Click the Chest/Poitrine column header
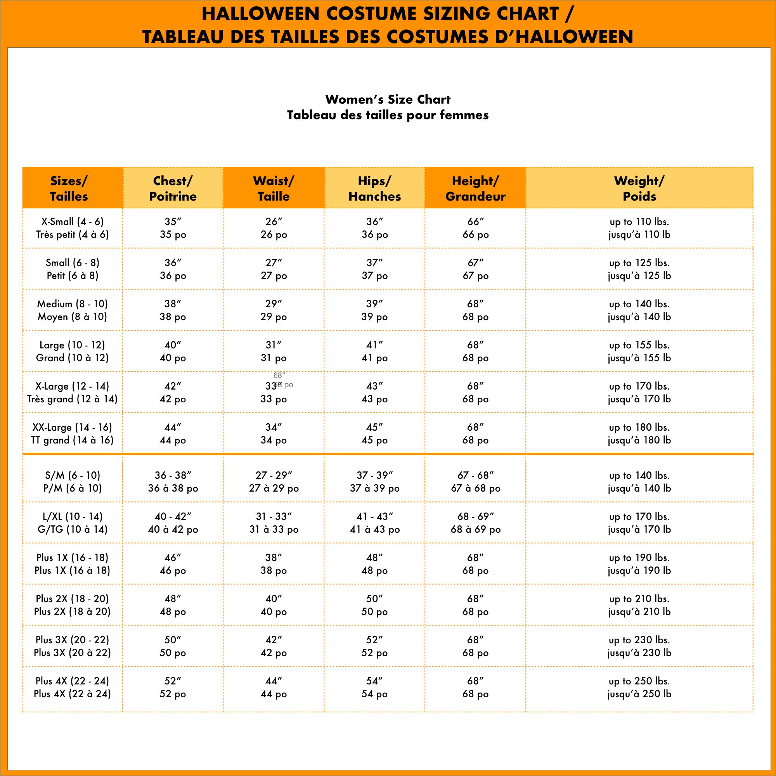(x=173, y=188)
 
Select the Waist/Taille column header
(x=274, y=188)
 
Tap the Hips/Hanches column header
(x=374, y=188)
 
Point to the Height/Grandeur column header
(x=475, y=188)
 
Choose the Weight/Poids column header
(x=639, y=188)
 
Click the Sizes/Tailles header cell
(x=69, y=188)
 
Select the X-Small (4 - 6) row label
(x=72, y=228)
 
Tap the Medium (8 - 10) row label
(x=72, y=310)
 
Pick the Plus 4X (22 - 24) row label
(x=72, y=687)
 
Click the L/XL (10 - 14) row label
(x=72, y=523)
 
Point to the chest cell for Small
(x=173, y=269)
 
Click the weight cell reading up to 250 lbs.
(x=639, y=687)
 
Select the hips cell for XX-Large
(x=374, y=433)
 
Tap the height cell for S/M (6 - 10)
(x=475, y=482)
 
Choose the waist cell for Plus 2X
(x=274, y=605)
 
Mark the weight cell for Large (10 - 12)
(x=639, y=351)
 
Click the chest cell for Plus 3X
(x=173, y=646)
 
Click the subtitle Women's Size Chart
(x=388, y=99)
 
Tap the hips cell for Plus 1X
(x=374, y=563)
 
